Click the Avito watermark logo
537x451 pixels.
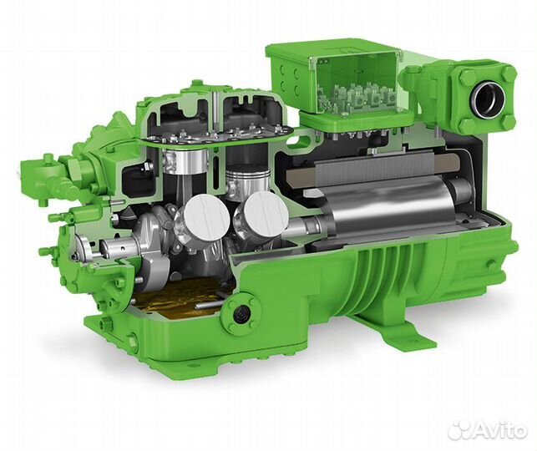[489, 431]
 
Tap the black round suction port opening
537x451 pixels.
[488, 97]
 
